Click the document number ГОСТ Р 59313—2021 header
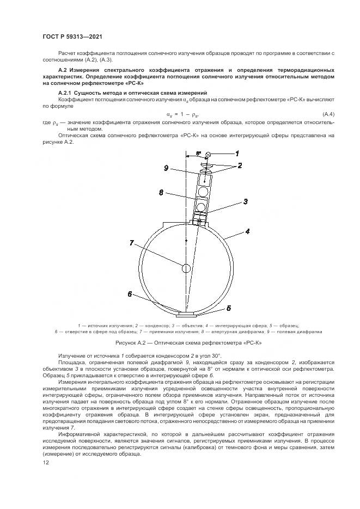pyautogui.click(x=72, y=36)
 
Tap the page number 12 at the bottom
pyautogui.click(x=46, y=462)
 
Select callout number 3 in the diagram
pyautogui.click(x=246, y=201)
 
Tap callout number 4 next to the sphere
pyautogui.click(x=247, y=231)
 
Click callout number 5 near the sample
pyautogui.click(x=229, y=308)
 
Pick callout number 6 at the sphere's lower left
pyautogui.click(x=130, y=294)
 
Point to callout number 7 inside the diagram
pyautogui.click(x=131, y=243)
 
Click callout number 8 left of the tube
pyautogui.click(x=161, y=192)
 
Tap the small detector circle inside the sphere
pyautogui.click(x=186, y=268)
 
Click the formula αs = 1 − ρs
pyautogui.click(x=182, y=113)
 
